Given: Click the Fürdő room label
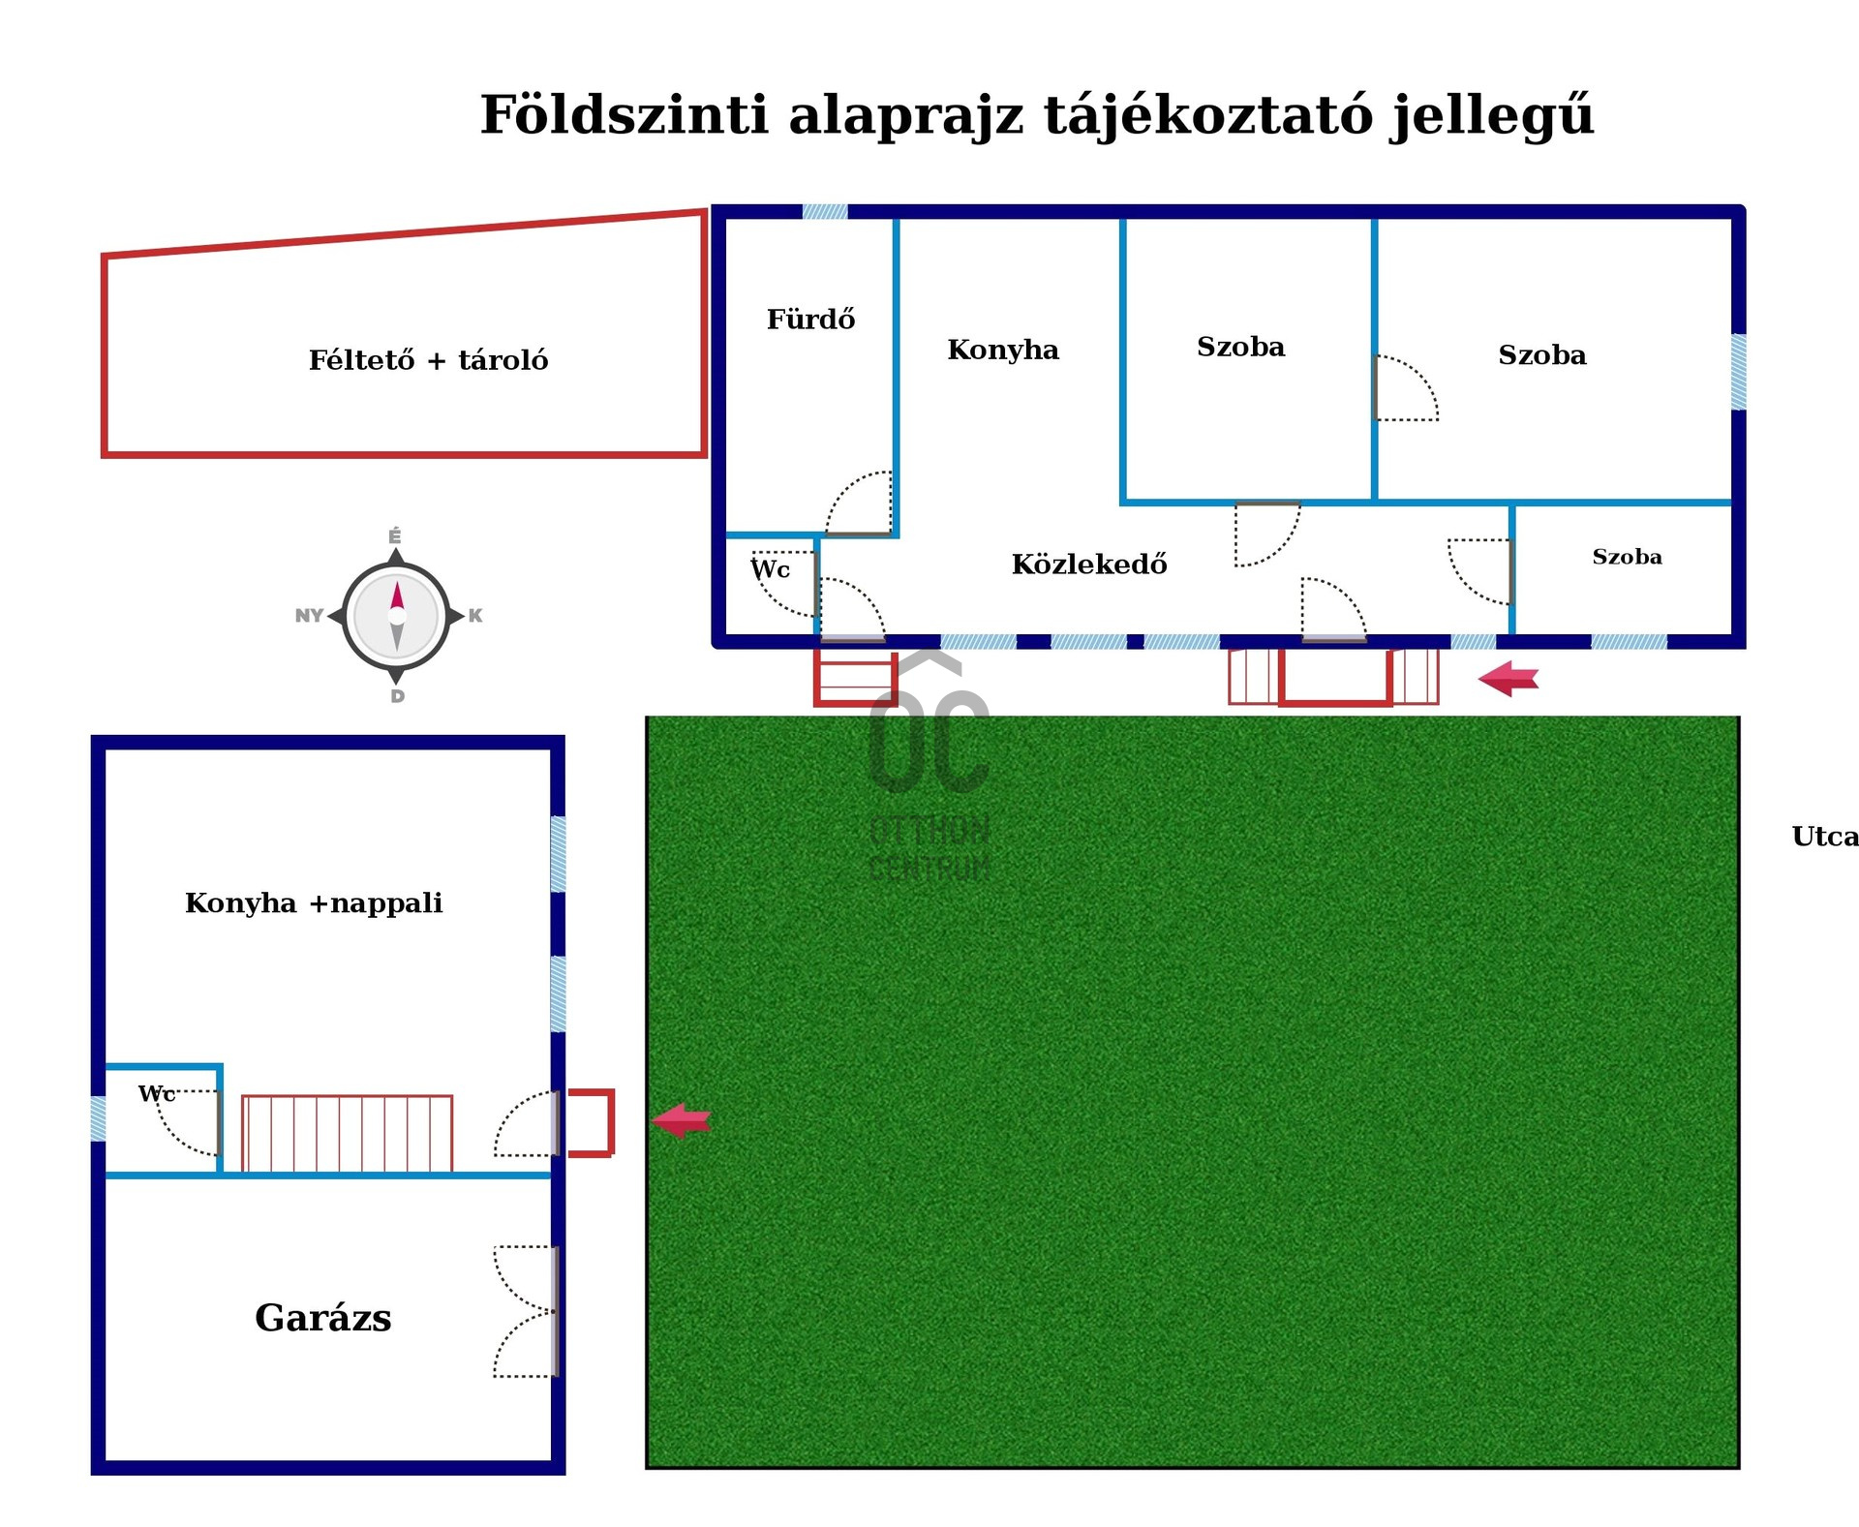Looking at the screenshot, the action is [x=810, y=319].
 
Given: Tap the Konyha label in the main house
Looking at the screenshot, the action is [x=1003, y=349].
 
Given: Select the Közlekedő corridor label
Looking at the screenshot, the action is [x=1089, y=564].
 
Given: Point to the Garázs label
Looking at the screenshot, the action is [x=323, y=1318].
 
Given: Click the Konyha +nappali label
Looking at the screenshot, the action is [x=314, y=903].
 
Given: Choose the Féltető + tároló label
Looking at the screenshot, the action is [x=428, y=360].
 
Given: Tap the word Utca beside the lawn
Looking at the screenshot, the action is [x=1825, y=837].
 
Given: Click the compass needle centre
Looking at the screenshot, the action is [x=396, y=616].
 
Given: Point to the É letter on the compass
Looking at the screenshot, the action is [x=395, y=536].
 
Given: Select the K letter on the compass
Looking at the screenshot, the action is [x=475, y=616].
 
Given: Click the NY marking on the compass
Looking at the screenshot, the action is [x=309, y=616].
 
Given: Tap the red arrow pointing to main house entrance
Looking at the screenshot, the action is [x=1509, y=678].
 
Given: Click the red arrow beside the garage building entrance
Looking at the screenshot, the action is [x=682, y=1120].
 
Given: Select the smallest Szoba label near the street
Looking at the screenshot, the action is [x=1627, y=557].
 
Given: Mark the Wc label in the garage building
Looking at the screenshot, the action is [x=156, y=1093].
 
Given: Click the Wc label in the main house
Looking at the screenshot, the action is [x=771, y=569].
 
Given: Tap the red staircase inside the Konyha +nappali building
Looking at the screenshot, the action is [x=347, y=1133].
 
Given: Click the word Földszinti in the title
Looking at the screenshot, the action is [x=624, y=115].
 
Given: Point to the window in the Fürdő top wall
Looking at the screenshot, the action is [x=825, y=212].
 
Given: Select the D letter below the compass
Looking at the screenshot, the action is [x=397, y=696].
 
